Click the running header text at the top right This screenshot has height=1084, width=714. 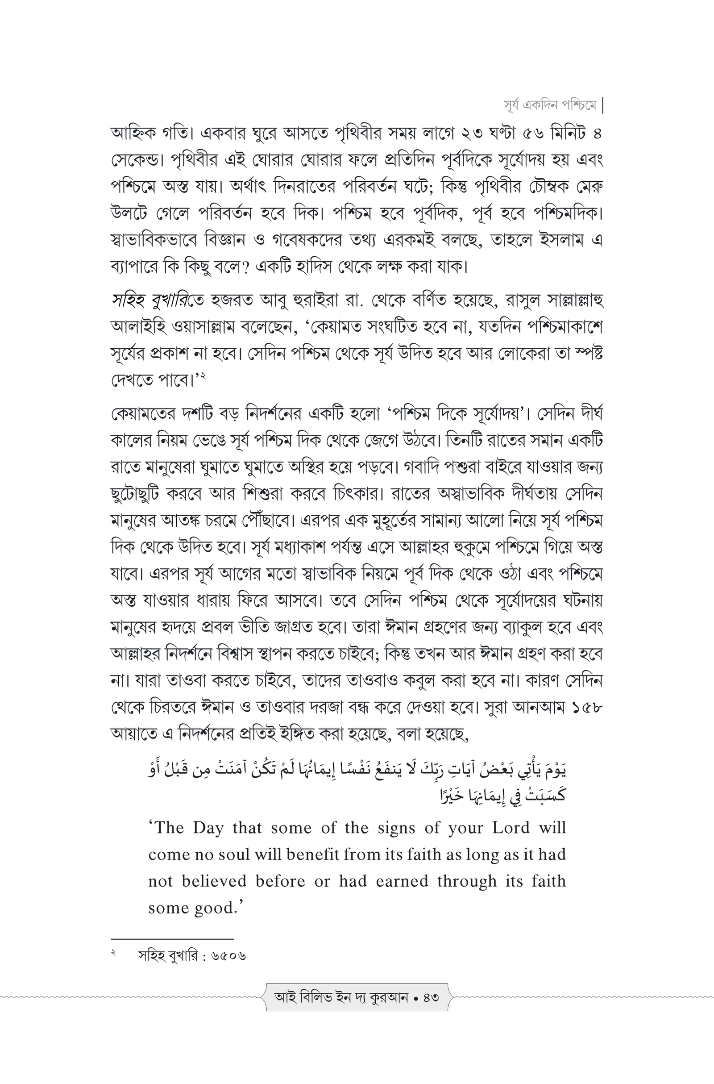(x=550, y=106)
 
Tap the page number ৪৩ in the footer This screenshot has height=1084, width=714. (x=431, y=997)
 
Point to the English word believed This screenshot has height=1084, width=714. (x=214, y=881)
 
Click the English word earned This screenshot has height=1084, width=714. (x=402, y=881)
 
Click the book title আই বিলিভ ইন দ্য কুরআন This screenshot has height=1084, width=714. (x=341, y=997)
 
